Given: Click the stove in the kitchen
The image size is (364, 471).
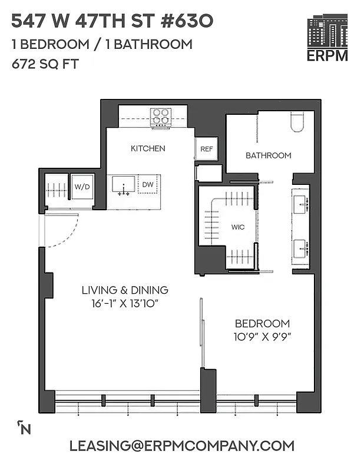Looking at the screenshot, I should [160, 118].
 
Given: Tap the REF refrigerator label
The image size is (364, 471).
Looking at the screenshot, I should [206, 150].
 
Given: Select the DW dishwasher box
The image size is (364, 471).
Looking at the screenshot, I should [148, 185].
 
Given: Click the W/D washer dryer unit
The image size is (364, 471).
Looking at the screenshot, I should [81, 187].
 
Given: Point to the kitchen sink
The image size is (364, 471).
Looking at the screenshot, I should [124, 184].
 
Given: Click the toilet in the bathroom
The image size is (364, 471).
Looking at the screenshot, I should [296, 122].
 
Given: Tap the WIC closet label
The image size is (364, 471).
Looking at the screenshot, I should [237, 226].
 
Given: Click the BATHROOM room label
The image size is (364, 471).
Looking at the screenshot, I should [268, 155].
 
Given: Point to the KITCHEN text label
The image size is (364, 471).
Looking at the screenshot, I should [148, 148].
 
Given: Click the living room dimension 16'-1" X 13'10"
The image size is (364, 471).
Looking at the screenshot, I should [125, 303].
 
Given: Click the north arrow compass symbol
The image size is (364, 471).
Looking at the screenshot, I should [24, 427].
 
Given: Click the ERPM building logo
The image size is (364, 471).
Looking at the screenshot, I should [327, 39].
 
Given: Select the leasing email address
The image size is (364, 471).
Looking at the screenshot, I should [181, 446].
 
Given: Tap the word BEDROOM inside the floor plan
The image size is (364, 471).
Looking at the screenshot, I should [262, 323].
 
